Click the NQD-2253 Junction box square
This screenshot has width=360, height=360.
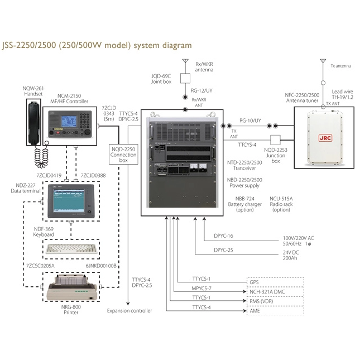click(275, 140)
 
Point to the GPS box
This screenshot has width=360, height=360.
click(276, 282)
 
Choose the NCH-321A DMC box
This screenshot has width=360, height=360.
click(276, 291)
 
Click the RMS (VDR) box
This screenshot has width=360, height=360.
click(276, 301)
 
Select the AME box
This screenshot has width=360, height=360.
click(276, 310)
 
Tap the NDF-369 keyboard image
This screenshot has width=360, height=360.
click(71, 248)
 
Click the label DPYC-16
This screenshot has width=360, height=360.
click(223, 236)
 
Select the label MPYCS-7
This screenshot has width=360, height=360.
click(201, 288)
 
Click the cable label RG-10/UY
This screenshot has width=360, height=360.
click(250, 120)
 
